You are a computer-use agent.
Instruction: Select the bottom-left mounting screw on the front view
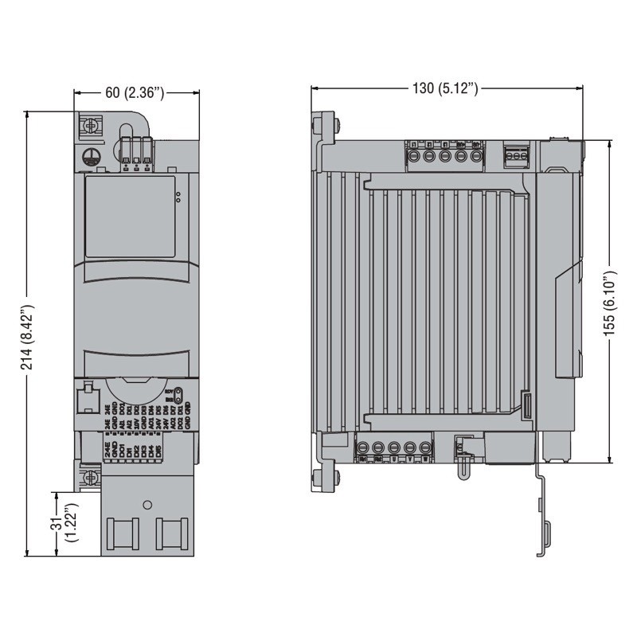point(91,478)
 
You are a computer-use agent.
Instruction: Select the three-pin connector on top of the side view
point(515,155)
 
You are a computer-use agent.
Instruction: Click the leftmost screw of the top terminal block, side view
point(412,155)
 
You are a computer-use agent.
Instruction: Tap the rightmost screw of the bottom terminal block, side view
point(427,447)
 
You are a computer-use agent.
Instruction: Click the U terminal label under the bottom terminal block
point(396,459)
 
